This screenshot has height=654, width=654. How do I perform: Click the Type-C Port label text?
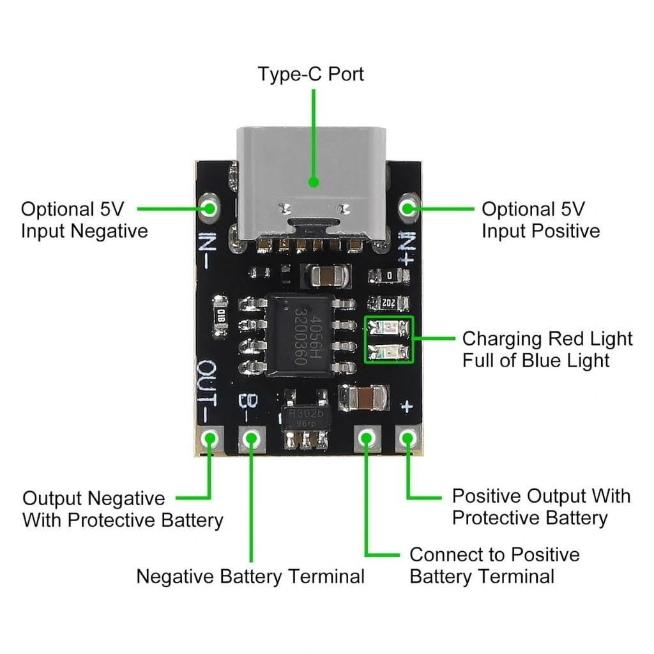point(310,74)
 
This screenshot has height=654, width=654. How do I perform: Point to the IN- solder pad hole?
point(209,207)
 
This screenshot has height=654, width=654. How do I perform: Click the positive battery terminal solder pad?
point(366,438)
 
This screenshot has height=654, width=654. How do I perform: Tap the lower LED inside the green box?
point(389,351)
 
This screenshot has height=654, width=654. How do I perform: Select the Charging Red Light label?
point(547,338)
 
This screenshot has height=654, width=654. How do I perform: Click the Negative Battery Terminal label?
point(250,577)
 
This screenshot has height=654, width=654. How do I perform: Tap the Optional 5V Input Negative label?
point(84,220)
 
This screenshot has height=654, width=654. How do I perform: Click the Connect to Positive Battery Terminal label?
point(494,565)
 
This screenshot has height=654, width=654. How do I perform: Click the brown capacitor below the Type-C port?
point(326,276)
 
